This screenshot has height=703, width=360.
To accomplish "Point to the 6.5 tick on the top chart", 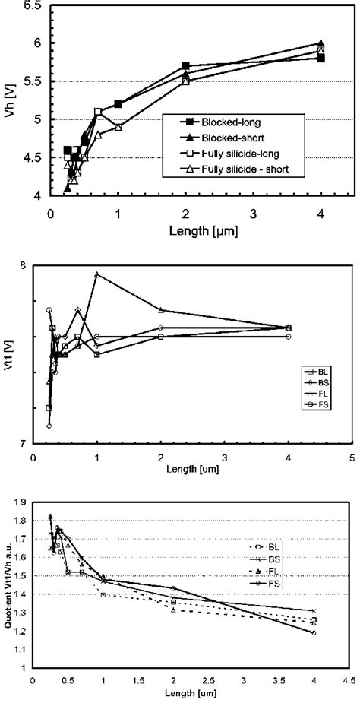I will (x=32, y=6).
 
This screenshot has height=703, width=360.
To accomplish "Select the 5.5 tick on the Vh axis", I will (x=32, y=81).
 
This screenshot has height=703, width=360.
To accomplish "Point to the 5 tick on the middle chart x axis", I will (x=352, y=458).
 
